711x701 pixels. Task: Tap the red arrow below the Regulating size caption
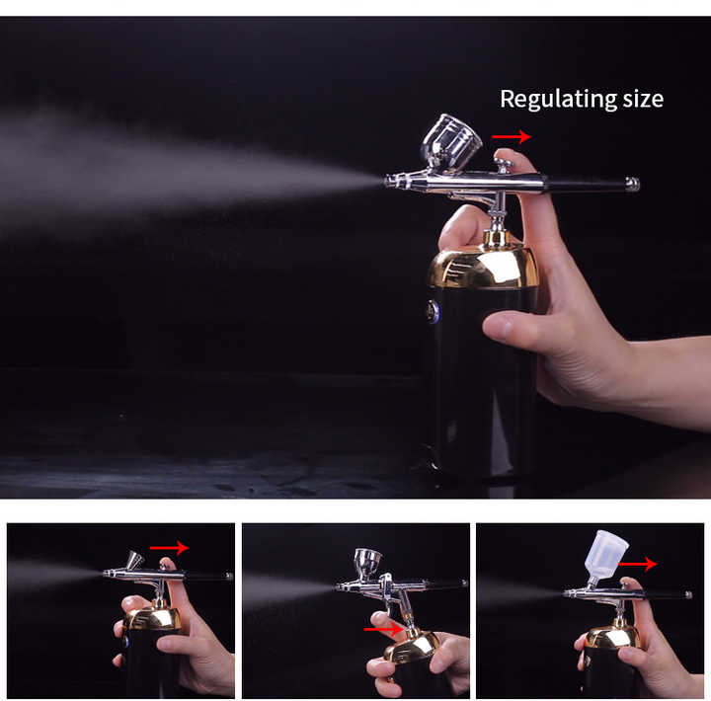click(512, 137)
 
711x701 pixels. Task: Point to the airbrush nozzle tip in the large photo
click(388, 181)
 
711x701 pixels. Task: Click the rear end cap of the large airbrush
click(632, 184)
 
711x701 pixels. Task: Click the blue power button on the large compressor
click(433, 312)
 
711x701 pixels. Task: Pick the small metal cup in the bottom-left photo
click(133, 561)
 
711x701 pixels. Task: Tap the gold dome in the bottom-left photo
click(152, 619)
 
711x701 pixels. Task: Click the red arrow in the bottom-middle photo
click(383, 628)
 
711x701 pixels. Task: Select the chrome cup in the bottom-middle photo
click(368, 563)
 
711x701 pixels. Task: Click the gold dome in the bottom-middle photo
click(413, 647)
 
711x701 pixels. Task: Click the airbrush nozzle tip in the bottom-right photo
click(567, 593)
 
